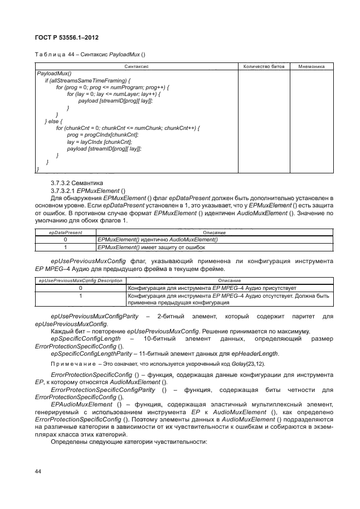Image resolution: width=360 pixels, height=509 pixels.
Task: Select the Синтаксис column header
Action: click(x=136, y=66)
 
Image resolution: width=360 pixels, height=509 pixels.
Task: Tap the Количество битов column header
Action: click(x=264, y=66)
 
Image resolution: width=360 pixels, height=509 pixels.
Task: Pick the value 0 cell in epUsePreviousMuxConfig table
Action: click(x=80, y=288)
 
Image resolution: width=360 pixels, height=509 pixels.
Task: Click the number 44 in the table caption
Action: click(x=71, y=54)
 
